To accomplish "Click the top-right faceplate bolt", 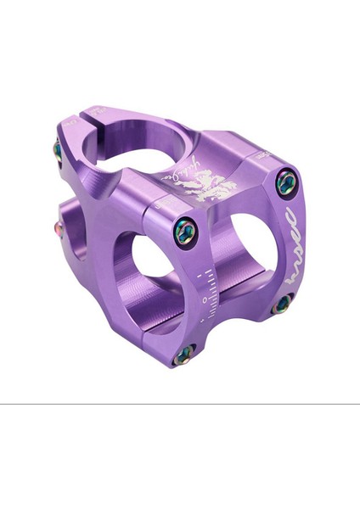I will [286, 181].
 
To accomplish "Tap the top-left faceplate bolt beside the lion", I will [186, 232].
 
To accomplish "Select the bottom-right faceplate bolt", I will [281, 304].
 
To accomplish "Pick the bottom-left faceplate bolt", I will [183, 354].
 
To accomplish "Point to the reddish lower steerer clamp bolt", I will [59, 227].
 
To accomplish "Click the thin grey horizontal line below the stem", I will [180, 404].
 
